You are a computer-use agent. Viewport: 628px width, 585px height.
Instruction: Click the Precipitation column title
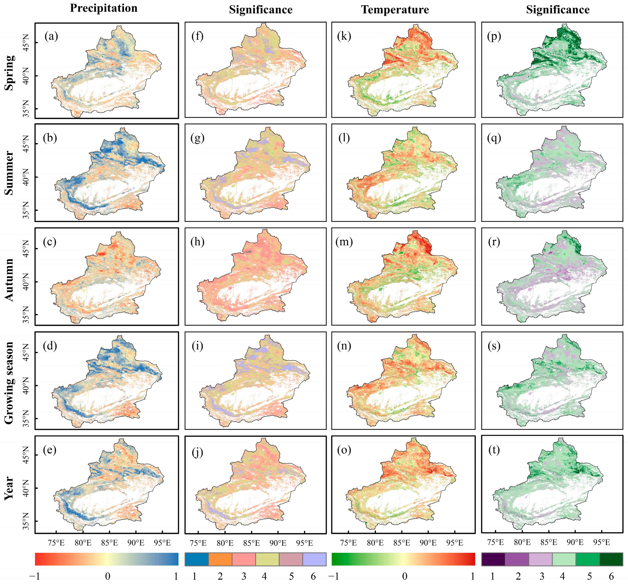[104, 8]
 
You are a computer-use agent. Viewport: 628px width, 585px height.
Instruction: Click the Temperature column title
[395, 10]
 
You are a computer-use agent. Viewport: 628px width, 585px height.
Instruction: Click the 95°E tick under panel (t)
[601, 542]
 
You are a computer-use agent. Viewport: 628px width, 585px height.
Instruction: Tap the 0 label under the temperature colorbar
[405, 576]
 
